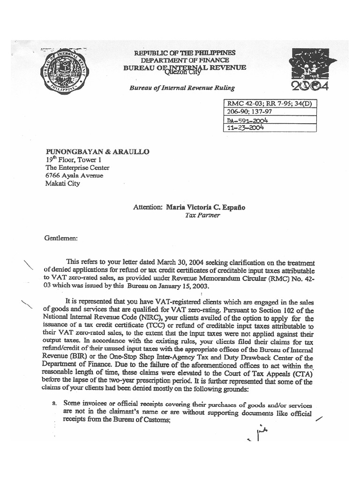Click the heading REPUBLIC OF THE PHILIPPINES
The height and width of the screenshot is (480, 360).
[185, 53]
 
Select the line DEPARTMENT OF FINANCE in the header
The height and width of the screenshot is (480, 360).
[185, 60]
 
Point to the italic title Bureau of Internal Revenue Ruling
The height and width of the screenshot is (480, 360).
[182, 88]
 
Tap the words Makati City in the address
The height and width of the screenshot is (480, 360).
[62, 183]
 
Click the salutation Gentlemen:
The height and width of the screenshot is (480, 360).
[61, 238]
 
